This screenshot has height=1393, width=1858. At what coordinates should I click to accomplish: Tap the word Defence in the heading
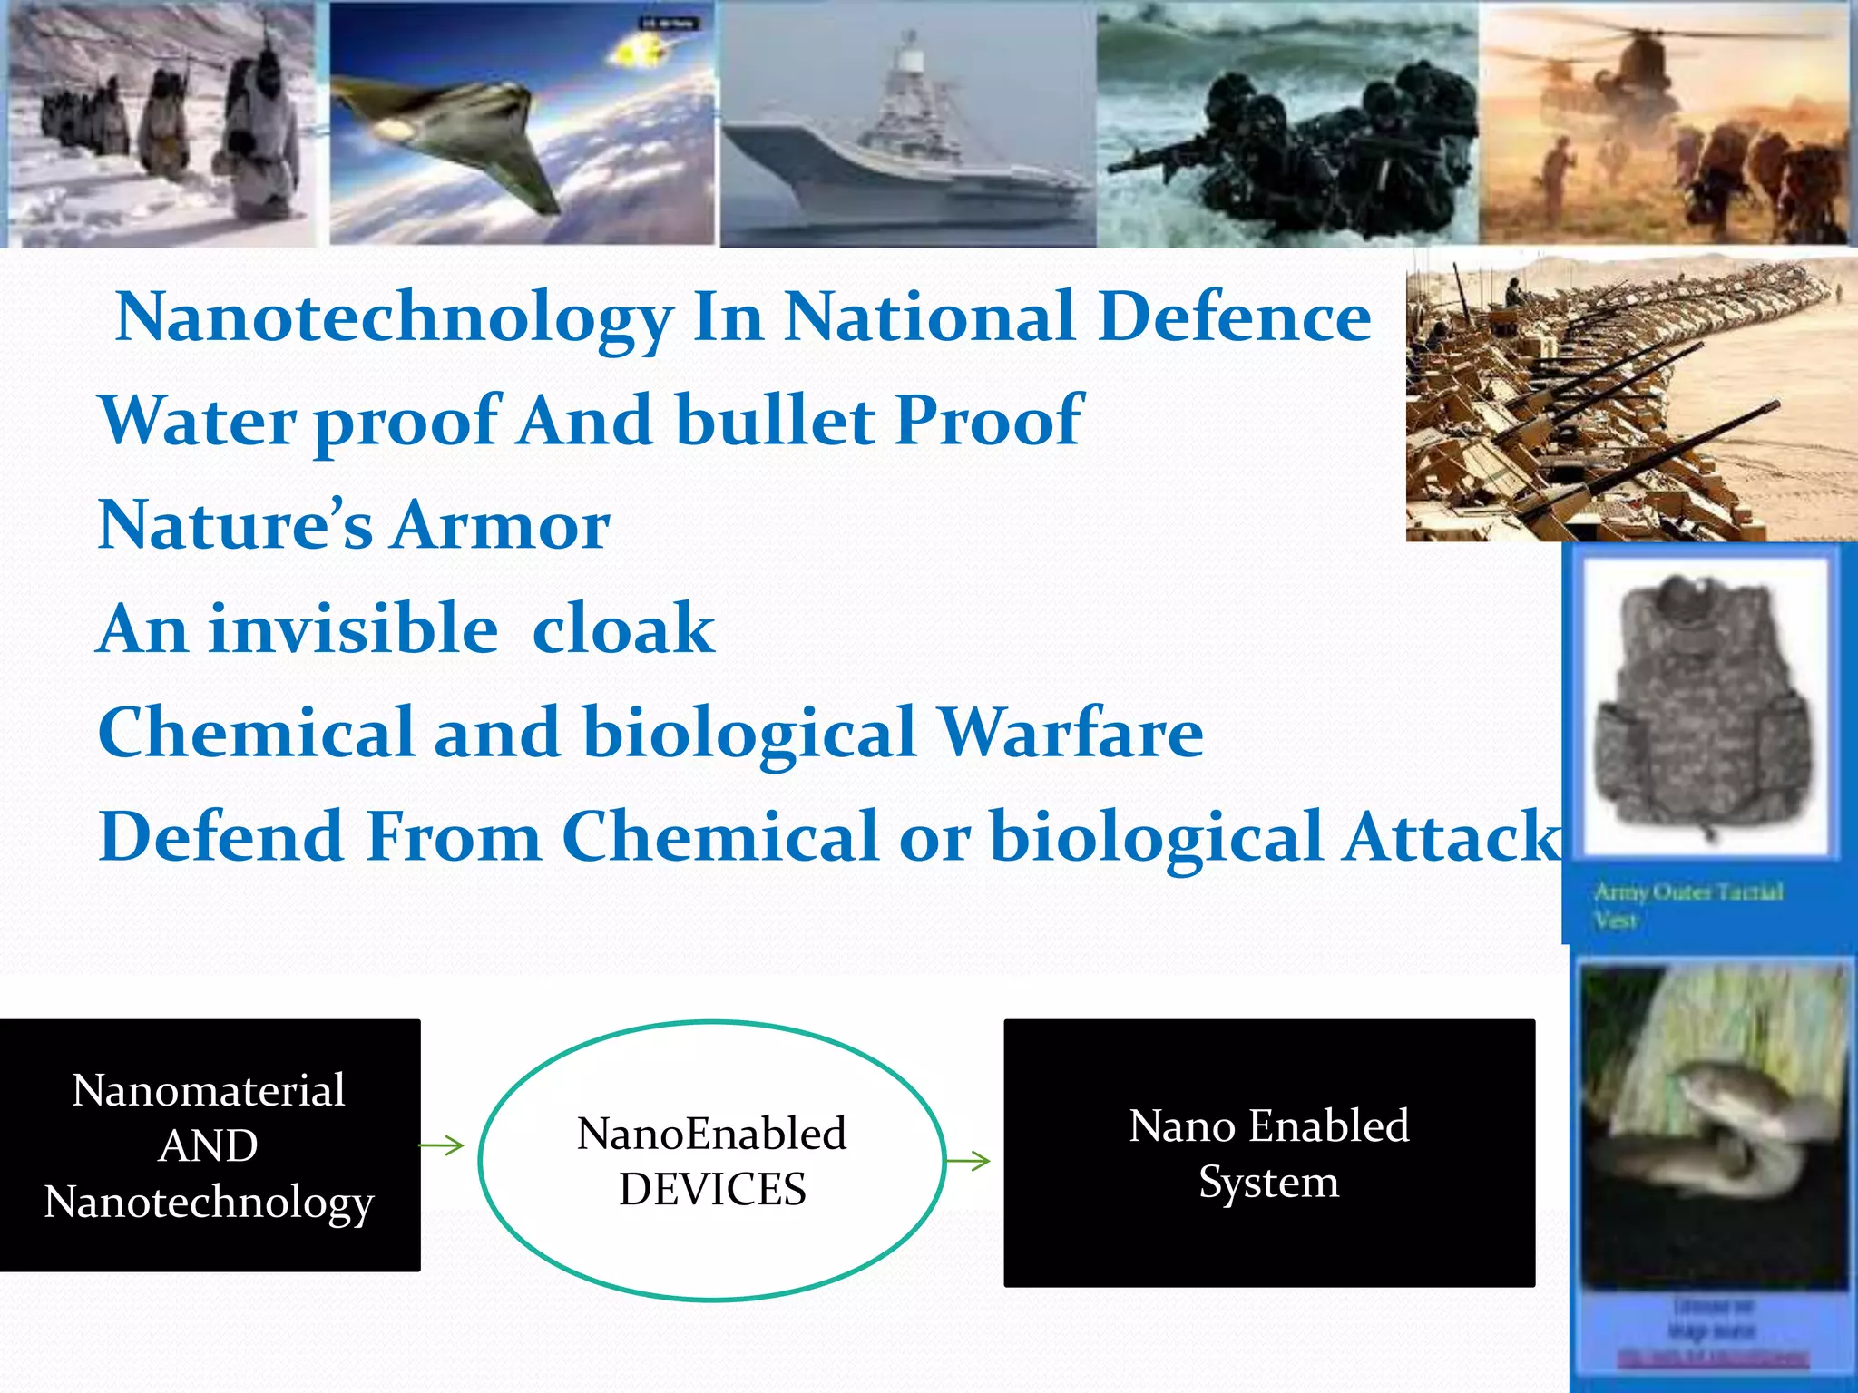click(x=1234, y=317)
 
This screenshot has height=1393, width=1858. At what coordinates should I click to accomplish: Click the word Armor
click(x=501, y=526)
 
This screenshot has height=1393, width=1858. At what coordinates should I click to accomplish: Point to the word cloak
click(x=623, y=629)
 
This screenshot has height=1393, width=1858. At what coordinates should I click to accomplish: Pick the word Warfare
click(x=1071, y=733)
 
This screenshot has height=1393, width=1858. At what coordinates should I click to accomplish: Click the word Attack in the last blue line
click(x=1452, y=836)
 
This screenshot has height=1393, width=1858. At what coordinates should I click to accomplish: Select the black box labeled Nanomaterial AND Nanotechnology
click(x=210, y=1145)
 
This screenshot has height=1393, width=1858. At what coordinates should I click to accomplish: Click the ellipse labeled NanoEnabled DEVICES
click(x=711, y=1161)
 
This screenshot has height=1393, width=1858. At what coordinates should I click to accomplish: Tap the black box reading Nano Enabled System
click(x=1268, y=1152)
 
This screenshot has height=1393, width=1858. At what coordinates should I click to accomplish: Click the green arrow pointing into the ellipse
click(x=443, y=1145)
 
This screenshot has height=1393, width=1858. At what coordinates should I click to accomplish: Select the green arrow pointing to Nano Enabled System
click(x=969, y=1160)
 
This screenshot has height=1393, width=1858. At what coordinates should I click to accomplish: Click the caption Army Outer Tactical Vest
click(x=1687, y=904)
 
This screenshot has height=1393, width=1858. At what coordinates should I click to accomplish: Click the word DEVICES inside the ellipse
click(x=712, y=1189)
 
